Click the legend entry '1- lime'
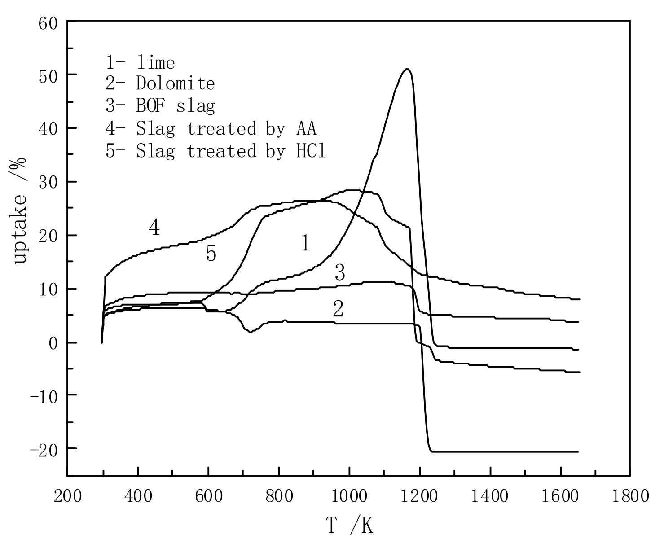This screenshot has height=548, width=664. pos(140,62)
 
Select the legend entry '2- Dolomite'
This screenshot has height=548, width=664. pos(160,83)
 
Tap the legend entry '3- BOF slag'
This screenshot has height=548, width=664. pos(160,106)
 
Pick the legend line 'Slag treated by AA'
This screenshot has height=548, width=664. pos(211,129)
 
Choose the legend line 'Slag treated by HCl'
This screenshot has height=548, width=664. pos(215,151)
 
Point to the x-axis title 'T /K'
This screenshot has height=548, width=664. pos(349,526)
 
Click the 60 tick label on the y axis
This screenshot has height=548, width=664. pos(49,22)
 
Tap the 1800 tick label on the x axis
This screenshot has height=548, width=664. pos(630,496)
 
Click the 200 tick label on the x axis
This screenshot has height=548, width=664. pos(68,496)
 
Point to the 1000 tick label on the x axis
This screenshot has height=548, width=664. pos(349,496)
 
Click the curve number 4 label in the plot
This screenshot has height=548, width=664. pos(154,228)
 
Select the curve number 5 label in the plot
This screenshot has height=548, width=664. pos(211,254)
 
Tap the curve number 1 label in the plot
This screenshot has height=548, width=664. pos(305,244)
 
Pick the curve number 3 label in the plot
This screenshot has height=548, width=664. pos(340,273)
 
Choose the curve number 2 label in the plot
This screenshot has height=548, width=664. pos(338,309)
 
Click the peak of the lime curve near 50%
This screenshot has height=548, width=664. pos(407,69)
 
